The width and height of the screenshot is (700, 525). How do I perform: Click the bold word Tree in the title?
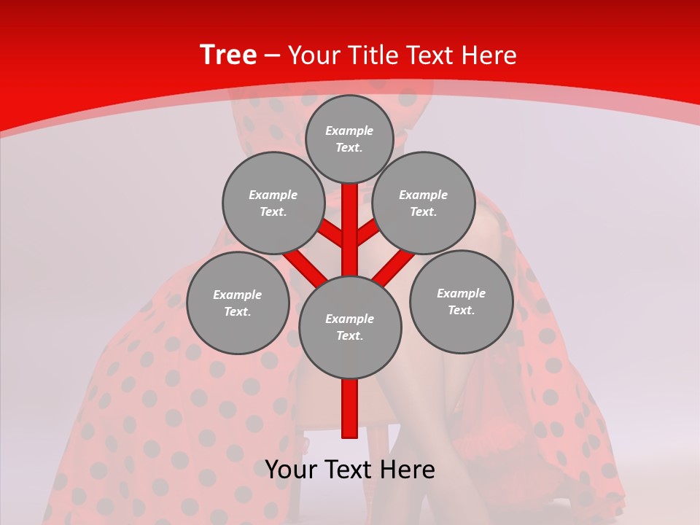click(228, 55)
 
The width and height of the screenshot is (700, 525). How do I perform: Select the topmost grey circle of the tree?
click(350, 139)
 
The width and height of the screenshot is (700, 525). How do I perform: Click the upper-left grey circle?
click(273, 203)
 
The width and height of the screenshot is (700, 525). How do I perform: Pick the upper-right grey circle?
click(424, 203)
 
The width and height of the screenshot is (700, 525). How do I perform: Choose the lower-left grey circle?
click(238, 303)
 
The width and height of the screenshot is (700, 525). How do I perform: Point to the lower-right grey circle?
click(461, 301)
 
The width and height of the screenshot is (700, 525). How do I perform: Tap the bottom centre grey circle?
click(350, 327)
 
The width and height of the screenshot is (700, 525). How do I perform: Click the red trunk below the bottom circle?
click(350, 408)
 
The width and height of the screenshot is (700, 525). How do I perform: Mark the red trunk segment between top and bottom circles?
click(350, 230)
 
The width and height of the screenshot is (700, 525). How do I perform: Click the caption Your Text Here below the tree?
click(350, 470)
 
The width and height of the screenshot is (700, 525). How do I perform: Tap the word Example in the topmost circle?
click(349, 131)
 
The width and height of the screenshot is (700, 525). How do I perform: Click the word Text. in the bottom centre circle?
click(350, 335)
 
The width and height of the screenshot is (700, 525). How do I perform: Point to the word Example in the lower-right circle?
click(461, 293)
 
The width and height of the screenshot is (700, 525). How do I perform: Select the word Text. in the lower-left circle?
click(238, 311)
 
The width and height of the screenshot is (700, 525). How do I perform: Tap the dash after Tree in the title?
click(272, 55)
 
